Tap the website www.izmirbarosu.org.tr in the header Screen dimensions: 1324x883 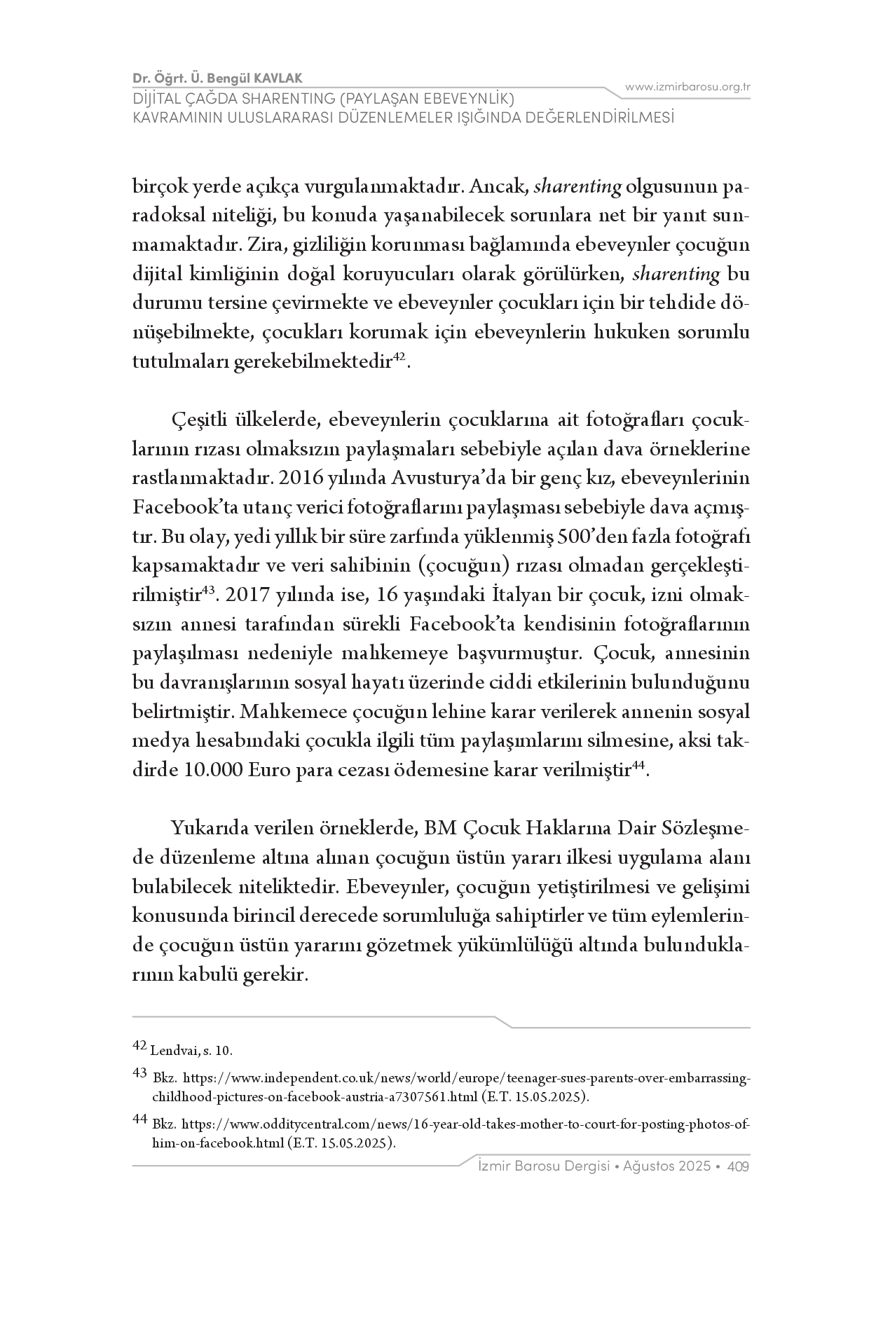pos(687,87)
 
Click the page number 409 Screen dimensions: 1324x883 pos(739,1166)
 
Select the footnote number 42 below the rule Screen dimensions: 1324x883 pos(139,1046)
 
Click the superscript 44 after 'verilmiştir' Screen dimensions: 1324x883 pos(638,766)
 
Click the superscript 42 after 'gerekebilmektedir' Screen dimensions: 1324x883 pos(399,357)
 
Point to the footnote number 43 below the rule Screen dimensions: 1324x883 pos(139,1073)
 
